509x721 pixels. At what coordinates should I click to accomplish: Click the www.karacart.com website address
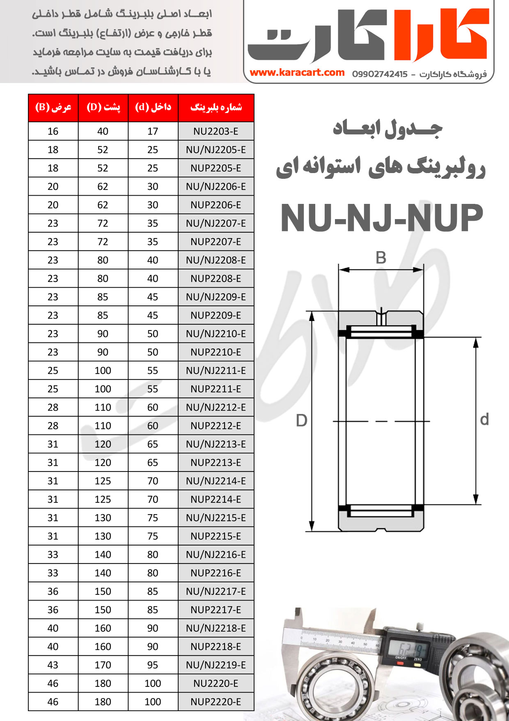[x=297, y=73]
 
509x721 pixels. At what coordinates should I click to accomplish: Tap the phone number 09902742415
[x=380, y=74]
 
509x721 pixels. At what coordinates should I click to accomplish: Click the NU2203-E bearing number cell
[x=216, y=132]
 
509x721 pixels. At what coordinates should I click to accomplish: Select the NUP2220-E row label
[x=216, y=702]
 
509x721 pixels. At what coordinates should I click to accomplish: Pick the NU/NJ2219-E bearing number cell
[x=216, y=665]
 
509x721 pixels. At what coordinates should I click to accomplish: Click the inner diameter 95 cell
[x=153, y=665]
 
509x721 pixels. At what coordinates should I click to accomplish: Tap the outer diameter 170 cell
[x=103, y=665]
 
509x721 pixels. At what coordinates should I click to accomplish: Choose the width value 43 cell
[x=53, y=665]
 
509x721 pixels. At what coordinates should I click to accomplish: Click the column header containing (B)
[x=53, y=108]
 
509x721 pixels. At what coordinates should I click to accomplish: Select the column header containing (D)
[x=103, y=108]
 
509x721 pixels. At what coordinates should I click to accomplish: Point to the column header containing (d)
[x=153, y=108]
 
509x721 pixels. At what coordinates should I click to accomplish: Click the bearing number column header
[x=216, y=108]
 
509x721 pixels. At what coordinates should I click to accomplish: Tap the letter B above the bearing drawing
[x=381, y=258]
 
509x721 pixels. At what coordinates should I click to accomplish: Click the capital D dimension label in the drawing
[x=302, y=421]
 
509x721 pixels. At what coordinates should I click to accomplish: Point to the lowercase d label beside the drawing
[x=484, y=420]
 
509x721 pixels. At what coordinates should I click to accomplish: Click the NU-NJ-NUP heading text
[x=382, y=218]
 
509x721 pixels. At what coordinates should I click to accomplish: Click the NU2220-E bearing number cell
[x=216, y=684]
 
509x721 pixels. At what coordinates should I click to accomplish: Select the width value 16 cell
[x=53, y=132]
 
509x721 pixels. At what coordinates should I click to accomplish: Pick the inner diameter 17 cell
[x=153, y=132]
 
